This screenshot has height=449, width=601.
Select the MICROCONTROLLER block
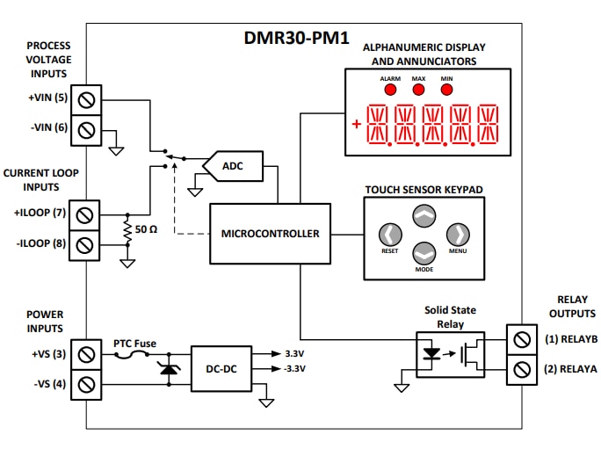[x=270, y=234]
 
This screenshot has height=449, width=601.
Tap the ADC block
[x=232, y=165]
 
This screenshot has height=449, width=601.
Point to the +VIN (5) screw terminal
[x=87, y=98]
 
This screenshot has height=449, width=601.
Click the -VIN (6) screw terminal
[x=87, y=130]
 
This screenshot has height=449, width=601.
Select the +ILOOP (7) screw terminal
[x=87, y=214]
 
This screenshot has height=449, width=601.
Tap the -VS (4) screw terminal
[x=87, y=385]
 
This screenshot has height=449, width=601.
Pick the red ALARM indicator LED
[x=389, y=91]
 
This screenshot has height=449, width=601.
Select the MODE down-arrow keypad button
[x=424, y=253]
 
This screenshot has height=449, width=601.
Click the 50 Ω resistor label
[x=147, y=228]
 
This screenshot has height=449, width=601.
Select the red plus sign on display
[x=357, y=124]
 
